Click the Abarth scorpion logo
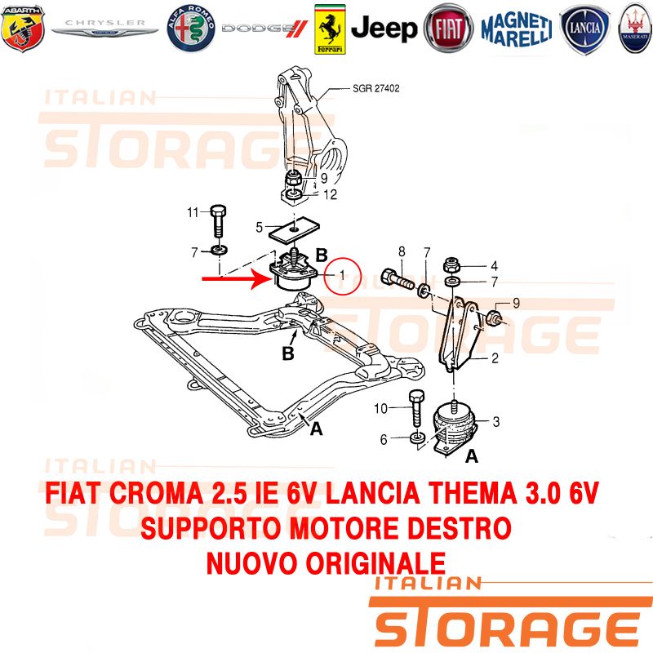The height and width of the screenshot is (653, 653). (23, 29)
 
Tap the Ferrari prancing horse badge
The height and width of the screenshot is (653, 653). (330, 29)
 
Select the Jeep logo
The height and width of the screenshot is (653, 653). (384, 29)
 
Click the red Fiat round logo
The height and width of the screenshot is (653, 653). (448, 29)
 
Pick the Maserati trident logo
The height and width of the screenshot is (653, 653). (635, 29)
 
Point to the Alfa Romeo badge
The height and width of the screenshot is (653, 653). (191, 29)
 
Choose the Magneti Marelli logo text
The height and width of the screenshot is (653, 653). (517, 29)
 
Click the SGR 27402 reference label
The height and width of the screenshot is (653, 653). (376, 88)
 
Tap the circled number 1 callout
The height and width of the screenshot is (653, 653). (342, 275)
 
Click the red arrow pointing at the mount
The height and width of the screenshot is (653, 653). (238, 278)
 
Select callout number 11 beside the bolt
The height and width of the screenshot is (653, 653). (193, 212)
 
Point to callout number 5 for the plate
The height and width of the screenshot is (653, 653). (259, 228)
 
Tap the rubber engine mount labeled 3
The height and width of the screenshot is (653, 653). (454, 428)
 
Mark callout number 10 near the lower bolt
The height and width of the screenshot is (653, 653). (380, 409)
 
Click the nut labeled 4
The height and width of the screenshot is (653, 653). (451, 264)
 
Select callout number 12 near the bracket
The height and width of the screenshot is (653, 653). (331, 194)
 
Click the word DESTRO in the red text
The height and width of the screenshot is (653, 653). (459, 528)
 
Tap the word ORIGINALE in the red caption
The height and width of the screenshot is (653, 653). (375, 563)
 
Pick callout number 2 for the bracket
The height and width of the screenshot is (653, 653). (495, 358)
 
